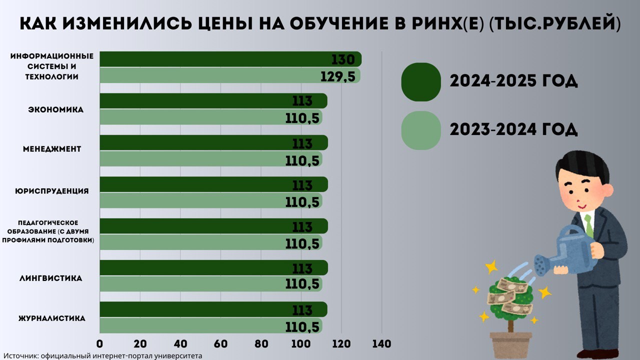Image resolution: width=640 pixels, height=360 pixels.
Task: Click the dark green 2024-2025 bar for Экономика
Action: pyautogui.click(x=200, y=101)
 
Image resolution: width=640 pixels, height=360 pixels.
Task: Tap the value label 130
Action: pyautogui.click(x=343, y=59)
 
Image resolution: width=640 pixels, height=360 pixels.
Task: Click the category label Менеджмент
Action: pyautogui.click(x=52, y=149)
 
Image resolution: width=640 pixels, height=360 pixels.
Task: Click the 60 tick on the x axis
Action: pyautogui.click(x=220, y=344)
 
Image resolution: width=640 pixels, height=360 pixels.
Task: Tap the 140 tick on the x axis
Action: pyautogui.click(x=381, y=344)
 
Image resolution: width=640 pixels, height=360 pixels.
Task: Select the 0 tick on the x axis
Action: pyautogui.click(x=100, y=344)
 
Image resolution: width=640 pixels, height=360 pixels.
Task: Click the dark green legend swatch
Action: pyautogui.click(x=421, y=81)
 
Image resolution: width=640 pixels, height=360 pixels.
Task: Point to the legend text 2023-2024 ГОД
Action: pyautogui.click(x=513, y=130)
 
